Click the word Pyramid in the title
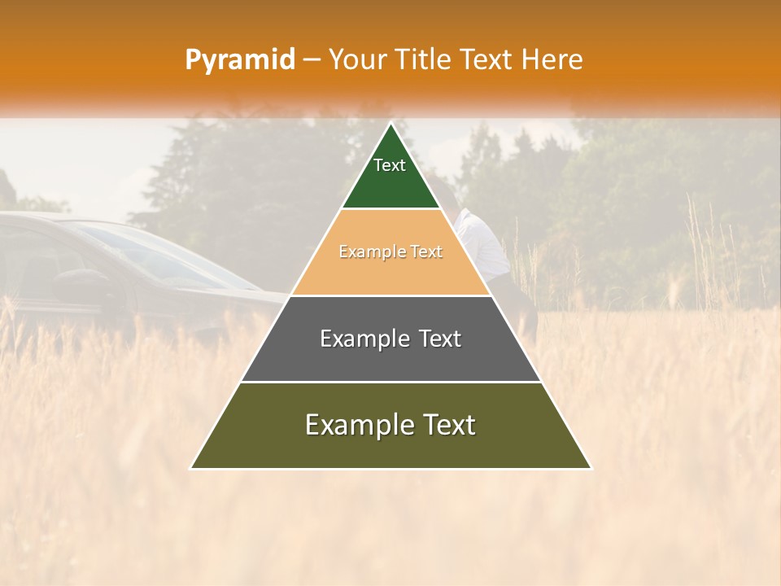tap(239, 59)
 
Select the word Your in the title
tap(357, 59)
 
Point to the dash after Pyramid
tap(312, 60)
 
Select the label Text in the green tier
tap(389, 165)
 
